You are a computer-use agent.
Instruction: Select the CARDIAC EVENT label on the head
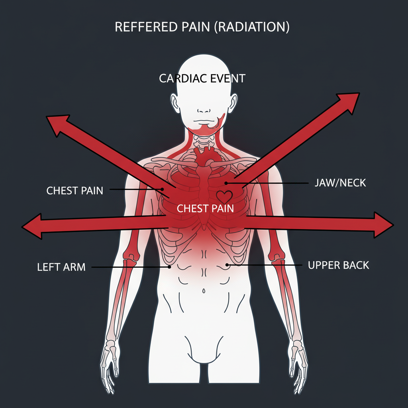[x=202, y=78]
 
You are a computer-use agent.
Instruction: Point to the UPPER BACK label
[x=339, y=265]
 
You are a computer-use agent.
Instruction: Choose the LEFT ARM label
[x=61, y=267]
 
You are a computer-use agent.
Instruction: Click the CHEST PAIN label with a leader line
[x=75, y=190]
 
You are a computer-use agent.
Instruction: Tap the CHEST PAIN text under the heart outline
[x=205, y=208]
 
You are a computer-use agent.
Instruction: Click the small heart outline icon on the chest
[x=224, y=196]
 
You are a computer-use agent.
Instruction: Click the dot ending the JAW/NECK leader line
[x=226, y=183]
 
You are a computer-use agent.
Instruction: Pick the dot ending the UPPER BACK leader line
[x=227, y=265]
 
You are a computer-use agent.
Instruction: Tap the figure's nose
[x=203, y=111]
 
